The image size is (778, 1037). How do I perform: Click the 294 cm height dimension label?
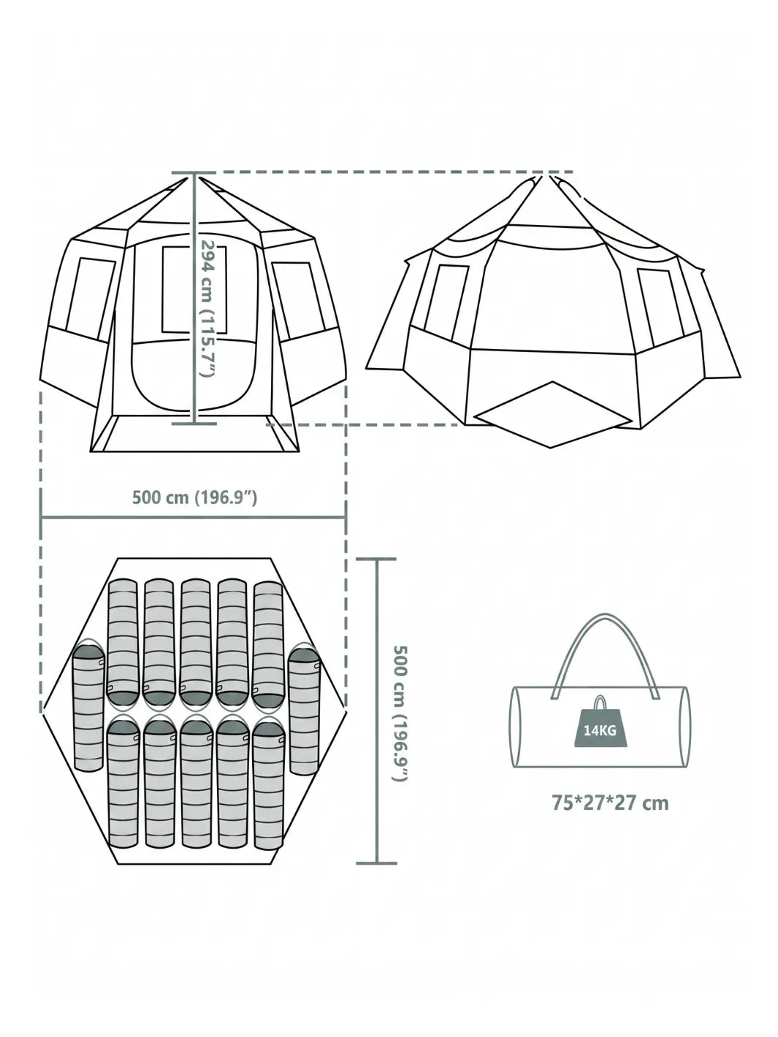pyautogui.click(x=208, y=308)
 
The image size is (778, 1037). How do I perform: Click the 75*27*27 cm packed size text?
pyautogui.click(x=610, y=803)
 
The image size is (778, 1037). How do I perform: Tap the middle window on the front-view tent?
pyautogui.click(x=194, y=289)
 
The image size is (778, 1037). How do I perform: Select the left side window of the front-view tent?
pyautogui.click(x=91, y=299)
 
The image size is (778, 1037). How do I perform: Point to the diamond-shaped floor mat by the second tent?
pyautogui.click(x=553, y=414)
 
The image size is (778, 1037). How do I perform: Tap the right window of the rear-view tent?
pyautogui.click(x=660, y=306)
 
